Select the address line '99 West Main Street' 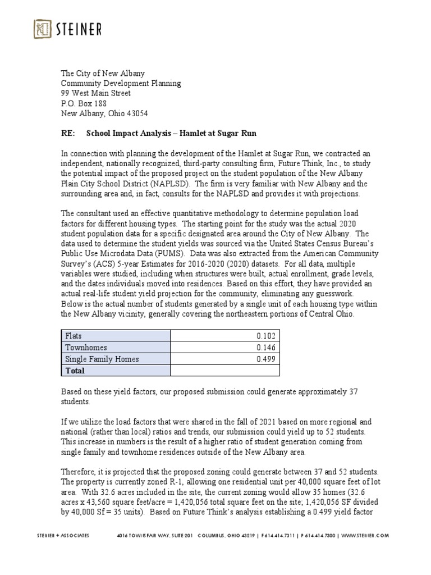(96, 93)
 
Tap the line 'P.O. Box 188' (84, 103)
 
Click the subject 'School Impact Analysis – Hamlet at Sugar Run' (164, 133)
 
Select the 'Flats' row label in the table (74, 336)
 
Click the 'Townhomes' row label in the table (86, 348)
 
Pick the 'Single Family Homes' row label (102, 359)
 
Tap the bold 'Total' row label (76, 371)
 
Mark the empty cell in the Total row (224, 371)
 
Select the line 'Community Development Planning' (121, 83)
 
